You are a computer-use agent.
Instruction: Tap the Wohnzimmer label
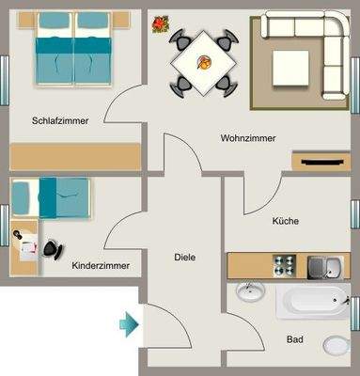[x=248, y=138]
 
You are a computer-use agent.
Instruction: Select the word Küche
[x=286, y=222]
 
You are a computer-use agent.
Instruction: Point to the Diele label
[x=184, y=257]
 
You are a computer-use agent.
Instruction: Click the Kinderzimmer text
[x=101, y=266]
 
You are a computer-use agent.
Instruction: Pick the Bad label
[x=294, y=338]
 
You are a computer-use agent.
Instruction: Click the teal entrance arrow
[x=128, y=325]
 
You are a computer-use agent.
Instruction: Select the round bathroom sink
[x=250, y=293]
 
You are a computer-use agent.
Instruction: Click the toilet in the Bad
[x=336, y=346]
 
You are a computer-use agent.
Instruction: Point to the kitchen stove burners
[x=284, y=265]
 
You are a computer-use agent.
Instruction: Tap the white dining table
[x=202, y=62]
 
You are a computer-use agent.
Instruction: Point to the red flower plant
[x=161, y=23]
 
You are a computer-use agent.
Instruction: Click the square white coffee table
[x=290, y=67]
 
